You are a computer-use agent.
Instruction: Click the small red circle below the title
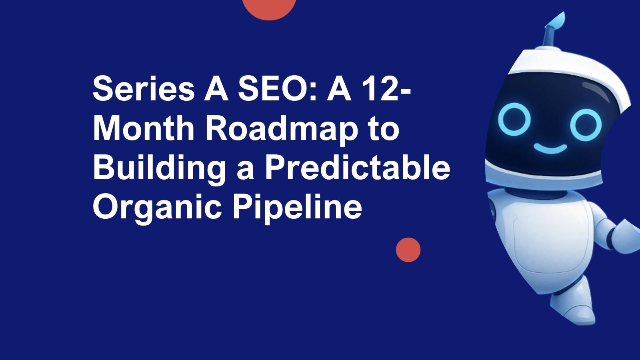[408, 250]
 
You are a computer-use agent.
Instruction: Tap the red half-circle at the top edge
[269, 8]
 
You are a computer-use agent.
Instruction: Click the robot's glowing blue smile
[550, 149]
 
